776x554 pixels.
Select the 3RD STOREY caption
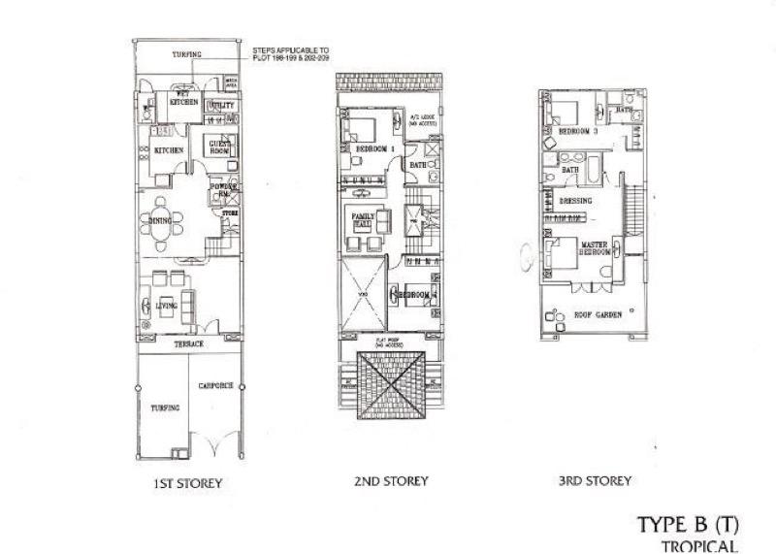[596, 480]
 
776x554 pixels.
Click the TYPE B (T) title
[689, 525]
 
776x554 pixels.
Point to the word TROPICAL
[699, 545]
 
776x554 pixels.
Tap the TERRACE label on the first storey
[188, 345]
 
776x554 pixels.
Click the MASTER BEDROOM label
[594, 248]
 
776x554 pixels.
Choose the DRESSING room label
[576, 201]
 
